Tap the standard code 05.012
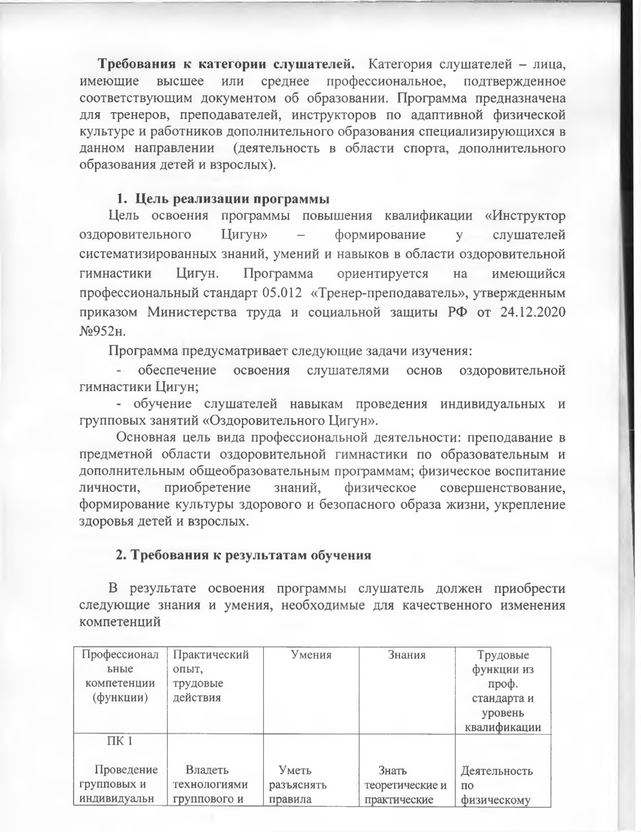tap(280, 293)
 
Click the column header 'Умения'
tap(311, 655)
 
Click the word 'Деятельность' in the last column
tap(497, 770)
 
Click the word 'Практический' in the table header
tap(211, 655)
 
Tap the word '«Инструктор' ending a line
tap(529, 215)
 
